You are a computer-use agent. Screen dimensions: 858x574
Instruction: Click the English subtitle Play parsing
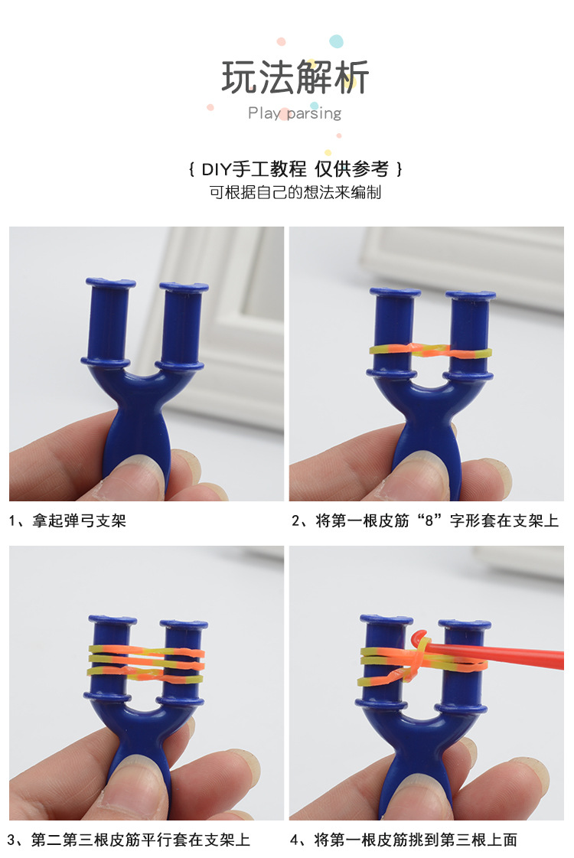(x=295, y=113)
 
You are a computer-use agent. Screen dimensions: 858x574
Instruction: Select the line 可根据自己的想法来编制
(x=295, y=192)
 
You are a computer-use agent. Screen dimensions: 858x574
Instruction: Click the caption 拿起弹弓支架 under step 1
(x=73, y=521)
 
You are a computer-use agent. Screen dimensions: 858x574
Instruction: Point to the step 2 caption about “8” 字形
(x=426, y=521)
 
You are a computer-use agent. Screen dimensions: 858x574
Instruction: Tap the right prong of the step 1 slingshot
(x=182, y=321)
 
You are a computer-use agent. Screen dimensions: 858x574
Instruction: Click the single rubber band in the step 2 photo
(x=429, y=351)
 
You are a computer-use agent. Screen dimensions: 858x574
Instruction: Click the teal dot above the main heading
(x=336, y=41)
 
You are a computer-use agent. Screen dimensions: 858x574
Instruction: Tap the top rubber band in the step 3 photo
(x=145, y=653)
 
